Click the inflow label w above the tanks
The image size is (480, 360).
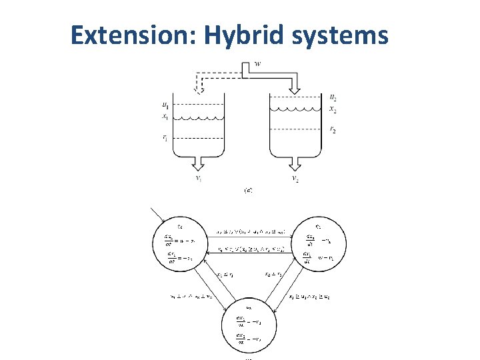pos(257,65)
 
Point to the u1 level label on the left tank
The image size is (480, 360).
pos(165,105)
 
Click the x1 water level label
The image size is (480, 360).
pos(165,117)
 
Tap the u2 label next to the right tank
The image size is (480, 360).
pos(333,97)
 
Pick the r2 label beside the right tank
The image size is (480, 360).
pos(333,131)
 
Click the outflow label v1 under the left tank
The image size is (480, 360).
pos(199,179)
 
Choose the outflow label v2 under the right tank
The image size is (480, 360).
pos(295,179)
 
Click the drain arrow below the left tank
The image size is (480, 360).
pos(199,164)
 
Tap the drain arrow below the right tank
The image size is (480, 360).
pos(294,164)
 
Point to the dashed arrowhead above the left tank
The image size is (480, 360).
pos(198,88)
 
